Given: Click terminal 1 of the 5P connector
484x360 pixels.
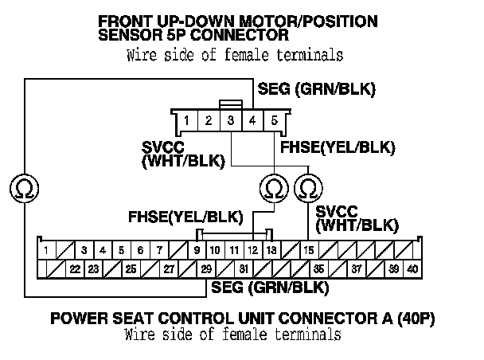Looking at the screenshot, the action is (x=185, y=122).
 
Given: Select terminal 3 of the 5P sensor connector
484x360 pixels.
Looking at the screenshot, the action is (x=230, y=122).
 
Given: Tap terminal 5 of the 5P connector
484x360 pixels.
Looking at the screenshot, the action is (x=275, y=122).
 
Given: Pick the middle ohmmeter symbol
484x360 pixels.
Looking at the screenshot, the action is (x=274, y=189).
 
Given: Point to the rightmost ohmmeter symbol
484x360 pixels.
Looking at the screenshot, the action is (x=308, y=189).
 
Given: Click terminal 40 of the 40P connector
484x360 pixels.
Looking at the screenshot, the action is (x=412, y=268).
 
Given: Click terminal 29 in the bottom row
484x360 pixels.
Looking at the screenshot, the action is (x=206, y=268).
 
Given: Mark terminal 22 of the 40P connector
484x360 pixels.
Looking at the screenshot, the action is (x=75, y=268).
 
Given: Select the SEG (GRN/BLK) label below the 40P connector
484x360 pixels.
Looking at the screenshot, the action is (x=265, y=286).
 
